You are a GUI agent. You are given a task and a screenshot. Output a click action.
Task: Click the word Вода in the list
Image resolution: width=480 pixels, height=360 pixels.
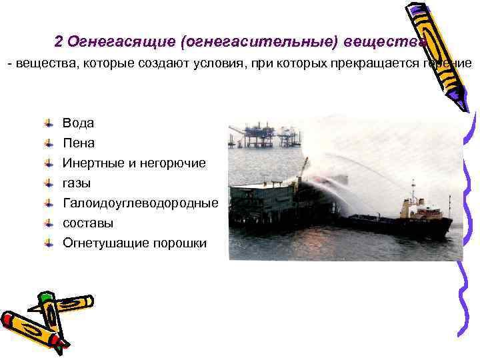coord(78,123)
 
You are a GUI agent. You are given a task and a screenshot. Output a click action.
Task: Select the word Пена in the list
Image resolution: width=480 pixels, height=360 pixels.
coord(79,143)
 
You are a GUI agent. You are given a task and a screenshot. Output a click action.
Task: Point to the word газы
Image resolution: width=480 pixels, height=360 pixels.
coord(77,183)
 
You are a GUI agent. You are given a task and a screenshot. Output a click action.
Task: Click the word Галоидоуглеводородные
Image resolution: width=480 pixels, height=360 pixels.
coord(140,203)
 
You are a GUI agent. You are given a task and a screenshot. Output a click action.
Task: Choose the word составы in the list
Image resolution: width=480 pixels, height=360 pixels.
coord(88,223)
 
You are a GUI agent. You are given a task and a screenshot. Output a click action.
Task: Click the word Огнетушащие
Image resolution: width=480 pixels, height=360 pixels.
coord(105,243)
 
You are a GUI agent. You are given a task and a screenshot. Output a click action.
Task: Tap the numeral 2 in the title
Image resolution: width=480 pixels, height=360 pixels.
coord(59,42)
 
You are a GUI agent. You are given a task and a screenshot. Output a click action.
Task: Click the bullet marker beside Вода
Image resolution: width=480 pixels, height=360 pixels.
coord(49,123)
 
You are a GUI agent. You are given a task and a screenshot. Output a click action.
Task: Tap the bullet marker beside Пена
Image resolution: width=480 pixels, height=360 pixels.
coord(49,143)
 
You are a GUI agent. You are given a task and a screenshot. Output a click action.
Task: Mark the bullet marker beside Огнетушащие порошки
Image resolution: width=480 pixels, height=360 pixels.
coord(49,243)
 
